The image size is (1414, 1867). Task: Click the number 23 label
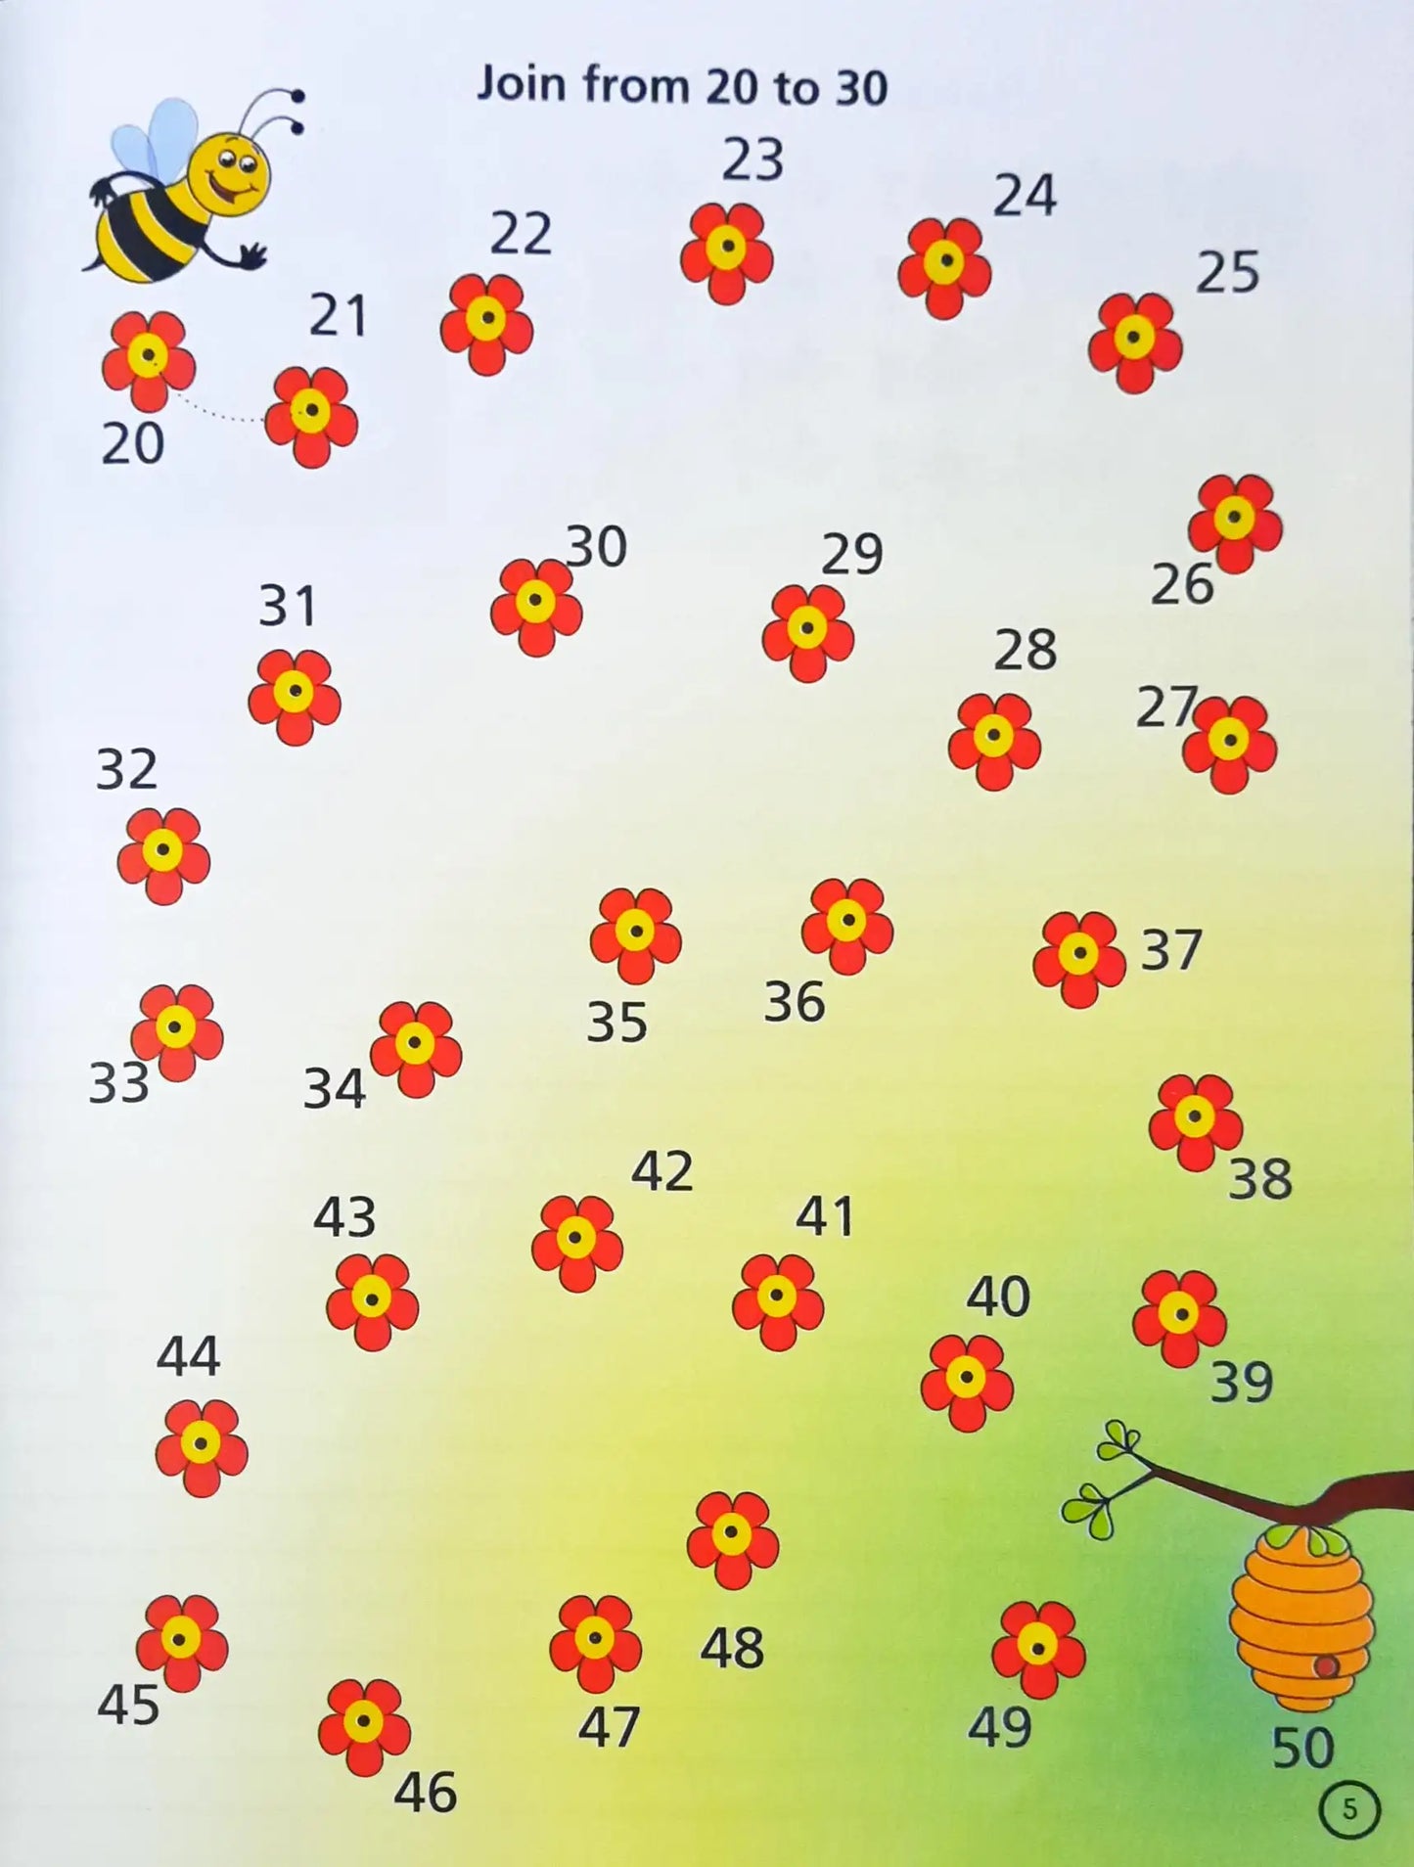coord(753,159)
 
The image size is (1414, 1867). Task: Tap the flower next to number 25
coord(1134,342)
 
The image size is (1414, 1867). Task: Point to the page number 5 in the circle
coord(1349,1809)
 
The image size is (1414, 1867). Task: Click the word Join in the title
coord(522,84)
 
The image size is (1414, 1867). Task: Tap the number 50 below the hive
coord(1301,1748)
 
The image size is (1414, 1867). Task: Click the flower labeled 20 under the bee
coord(148,360)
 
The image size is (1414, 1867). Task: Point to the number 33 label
coord(118,1083)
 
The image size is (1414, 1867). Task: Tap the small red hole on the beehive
coord(1326,1666)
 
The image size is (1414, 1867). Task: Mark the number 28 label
coord(1025,650)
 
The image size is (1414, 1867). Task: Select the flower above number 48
coord(732,1539)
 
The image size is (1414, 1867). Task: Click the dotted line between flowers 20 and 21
coord(220,411)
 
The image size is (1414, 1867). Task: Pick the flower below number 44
coord(201,1446)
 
